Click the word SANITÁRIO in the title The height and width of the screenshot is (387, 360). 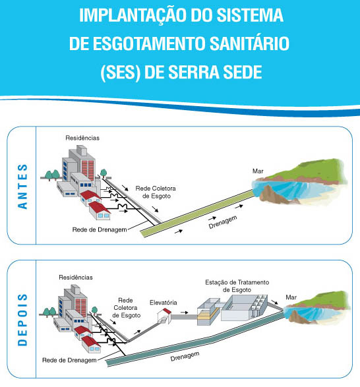point(249,44)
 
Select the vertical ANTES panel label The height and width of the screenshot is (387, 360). point(22,187)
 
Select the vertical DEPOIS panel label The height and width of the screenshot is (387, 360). point(22,320)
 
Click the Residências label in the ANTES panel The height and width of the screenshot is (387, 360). point(82,138)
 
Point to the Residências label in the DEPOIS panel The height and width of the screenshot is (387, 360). point(76,278)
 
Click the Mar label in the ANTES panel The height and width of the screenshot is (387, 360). point(258,171)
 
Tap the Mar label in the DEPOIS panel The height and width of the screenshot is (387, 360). point(291,297)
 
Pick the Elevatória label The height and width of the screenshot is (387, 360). point(164,303)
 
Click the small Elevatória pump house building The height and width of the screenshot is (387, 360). point(164,316)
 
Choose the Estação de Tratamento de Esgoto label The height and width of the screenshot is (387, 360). point(237,286)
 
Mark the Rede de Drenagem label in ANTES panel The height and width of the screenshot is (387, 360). point(100,230)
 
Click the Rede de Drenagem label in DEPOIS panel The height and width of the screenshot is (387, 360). point(69,361)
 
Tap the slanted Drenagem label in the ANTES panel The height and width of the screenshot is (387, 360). point(223,222)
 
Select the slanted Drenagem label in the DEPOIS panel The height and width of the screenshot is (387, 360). point(185,357)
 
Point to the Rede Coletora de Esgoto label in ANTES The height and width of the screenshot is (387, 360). point(156,193)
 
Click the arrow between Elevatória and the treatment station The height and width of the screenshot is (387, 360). point(184,313)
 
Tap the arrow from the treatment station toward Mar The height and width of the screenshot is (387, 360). point(274,302)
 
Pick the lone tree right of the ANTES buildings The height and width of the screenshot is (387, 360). point(104,173)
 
